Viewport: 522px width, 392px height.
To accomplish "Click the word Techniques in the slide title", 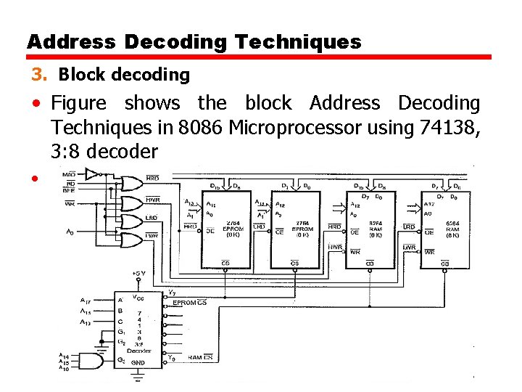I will click(x=297, y=42).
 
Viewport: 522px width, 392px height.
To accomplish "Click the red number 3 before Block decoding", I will click(x=37, y=75).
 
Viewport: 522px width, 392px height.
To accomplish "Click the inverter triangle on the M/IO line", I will click(x=92, y=173).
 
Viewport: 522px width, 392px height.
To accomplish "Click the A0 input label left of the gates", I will click(x=69, y=232).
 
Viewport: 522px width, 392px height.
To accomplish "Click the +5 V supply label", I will click(x=139, y=273).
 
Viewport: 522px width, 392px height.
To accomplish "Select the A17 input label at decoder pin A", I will click(x=86, y=298).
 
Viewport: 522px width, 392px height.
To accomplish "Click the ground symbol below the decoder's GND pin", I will click(x=138, y=377).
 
